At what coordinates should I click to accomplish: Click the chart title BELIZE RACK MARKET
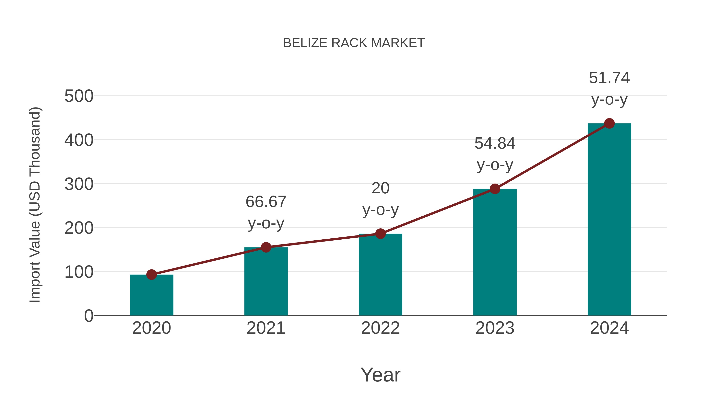[354, 43]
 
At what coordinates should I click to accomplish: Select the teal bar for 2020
[151, 295]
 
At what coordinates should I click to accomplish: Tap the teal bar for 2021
[266, 281]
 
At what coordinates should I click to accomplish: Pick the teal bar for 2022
[380, 275]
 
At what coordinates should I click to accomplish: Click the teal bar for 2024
[609, 220]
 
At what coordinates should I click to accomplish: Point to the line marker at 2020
[151, 274]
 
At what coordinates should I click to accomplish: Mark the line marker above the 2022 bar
[380, 234]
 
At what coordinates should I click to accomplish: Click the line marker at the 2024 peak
[609, 123]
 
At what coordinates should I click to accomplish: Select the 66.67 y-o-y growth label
[266, 212]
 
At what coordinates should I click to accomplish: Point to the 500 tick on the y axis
[79, 97]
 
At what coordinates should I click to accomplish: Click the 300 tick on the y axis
[79, 184]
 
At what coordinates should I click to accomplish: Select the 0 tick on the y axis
[89, 316]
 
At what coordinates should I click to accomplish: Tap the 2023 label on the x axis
[495, 328]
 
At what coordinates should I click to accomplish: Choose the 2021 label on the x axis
[266, 328]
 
